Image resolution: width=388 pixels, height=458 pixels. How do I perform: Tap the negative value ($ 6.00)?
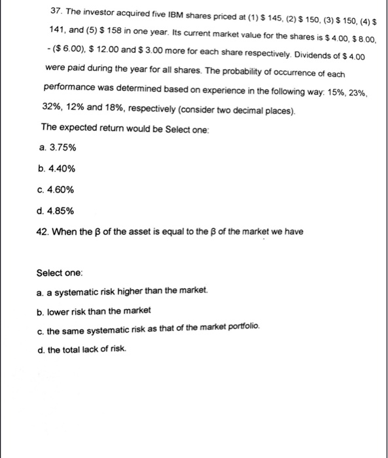tap(65, 49)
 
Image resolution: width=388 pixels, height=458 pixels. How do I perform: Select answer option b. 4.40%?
tap(57, 168)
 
